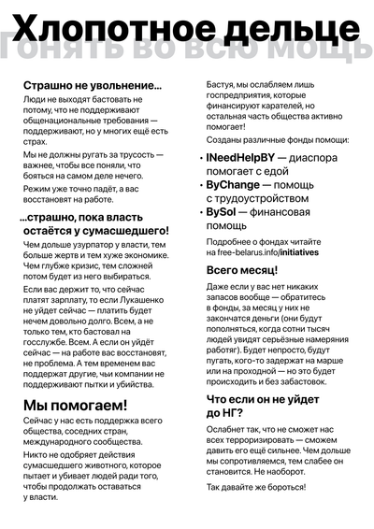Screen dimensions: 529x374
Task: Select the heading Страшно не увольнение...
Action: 93,85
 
